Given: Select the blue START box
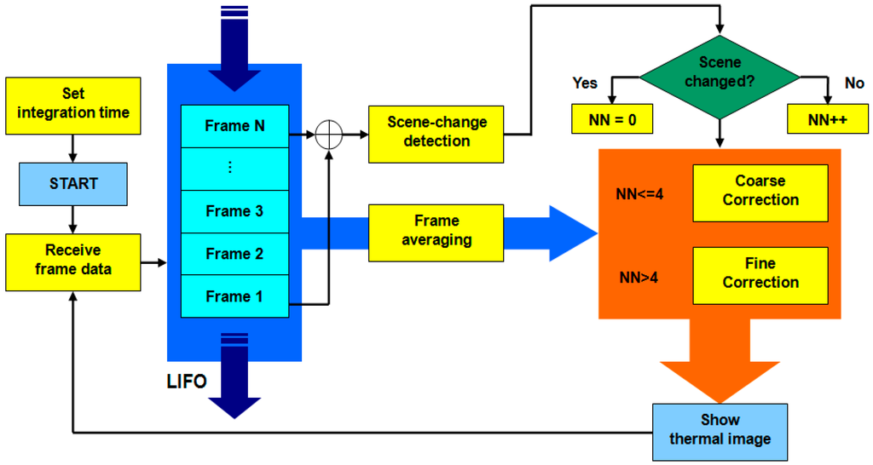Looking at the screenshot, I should click(73, 183).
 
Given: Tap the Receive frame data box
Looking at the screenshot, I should click(73, 260).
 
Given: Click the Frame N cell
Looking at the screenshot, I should click(235, 126).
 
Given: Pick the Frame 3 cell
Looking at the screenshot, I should click(235, 211).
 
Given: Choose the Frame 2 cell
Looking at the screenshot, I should click(235, 254).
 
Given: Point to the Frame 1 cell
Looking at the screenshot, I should click(235, 296).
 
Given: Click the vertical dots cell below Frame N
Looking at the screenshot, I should click(235, 169).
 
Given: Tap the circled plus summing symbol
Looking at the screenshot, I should click(328, 135).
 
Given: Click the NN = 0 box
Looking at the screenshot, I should click(611, 120).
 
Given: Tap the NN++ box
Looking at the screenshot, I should click(827, 120).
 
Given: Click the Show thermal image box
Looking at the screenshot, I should click(720, 430).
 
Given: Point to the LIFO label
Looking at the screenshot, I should click(187, 382).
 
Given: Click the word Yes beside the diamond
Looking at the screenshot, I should click(585, 83).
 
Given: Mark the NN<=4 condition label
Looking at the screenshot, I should click(639, 194).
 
